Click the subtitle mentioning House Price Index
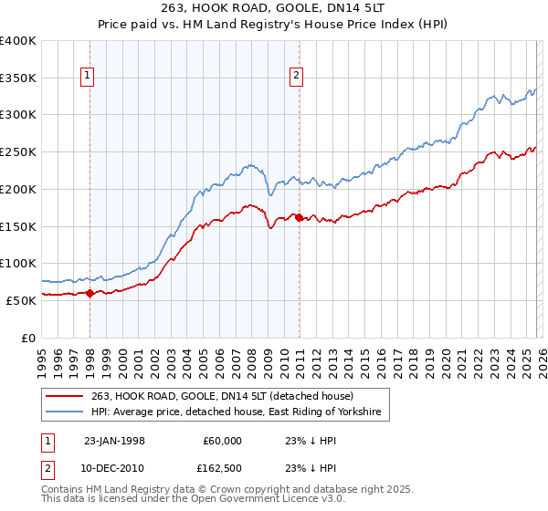(x=273, y=25)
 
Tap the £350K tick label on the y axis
(x=18, y=78)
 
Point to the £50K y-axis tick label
(x=21, y=300)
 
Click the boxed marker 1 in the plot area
(x=89, y=77)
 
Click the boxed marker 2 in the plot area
(x=297, y=77)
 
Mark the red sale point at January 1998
(x=90, y=293)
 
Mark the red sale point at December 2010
(x=299, y=217)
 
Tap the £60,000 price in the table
(x=222, y=441)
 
